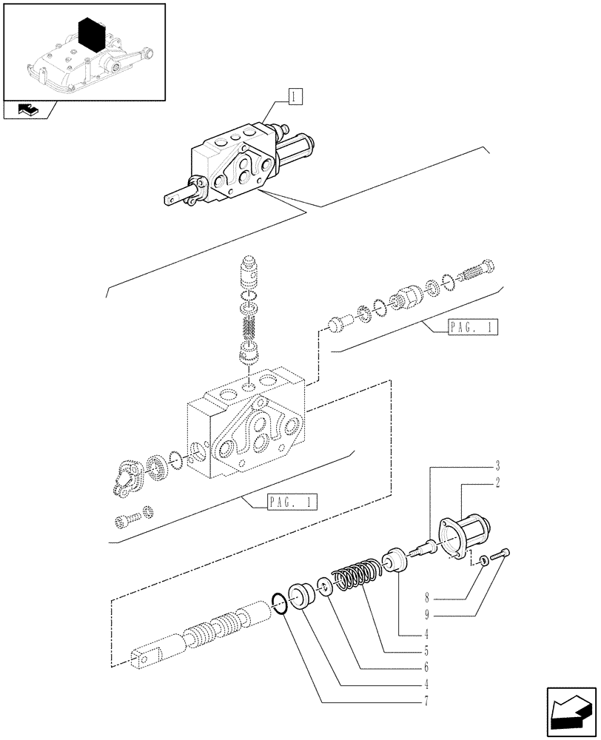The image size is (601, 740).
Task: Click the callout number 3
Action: (497, 466)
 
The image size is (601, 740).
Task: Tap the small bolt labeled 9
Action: (502, 552)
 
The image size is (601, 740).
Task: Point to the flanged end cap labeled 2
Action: (465, 538)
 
